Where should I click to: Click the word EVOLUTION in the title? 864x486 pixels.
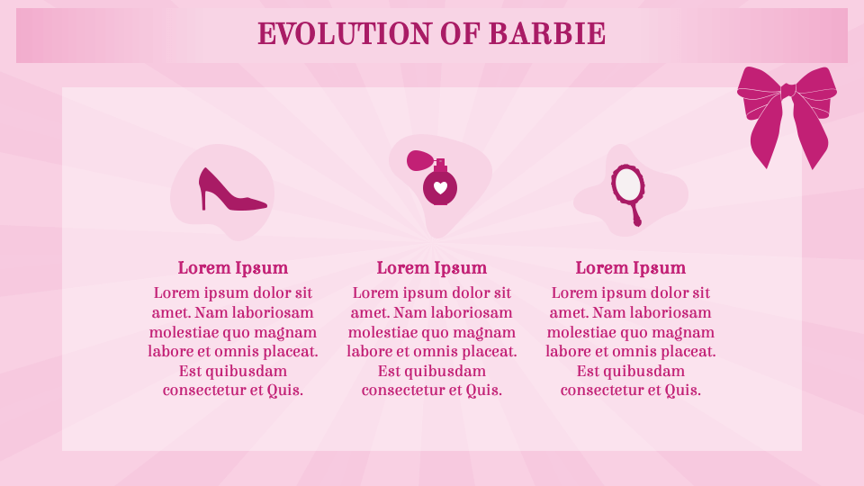345,33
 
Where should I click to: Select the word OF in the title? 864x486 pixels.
461,33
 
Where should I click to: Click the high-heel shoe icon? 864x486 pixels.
232,190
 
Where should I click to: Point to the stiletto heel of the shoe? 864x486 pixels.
203,200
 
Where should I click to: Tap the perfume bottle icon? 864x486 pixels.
433,178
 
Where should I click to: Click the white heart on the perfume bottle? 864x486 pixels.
440,187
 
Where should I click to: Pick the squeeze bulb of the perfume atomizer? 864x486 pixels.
417,160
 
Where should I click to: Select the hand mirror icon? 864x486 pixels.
628,195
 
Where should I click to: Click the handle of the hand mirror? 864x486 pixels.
634,214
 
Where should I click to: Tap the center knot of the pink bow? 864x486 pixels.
788,90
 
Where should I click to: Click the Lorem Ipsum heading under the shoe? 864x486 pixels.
232,268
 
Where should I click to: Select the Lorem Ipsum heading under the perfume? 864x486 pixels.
431,268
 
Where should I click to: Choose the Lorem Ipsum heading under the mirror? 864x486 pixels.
630,268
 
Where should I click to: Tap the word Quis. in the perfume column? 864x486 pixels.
484,391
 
